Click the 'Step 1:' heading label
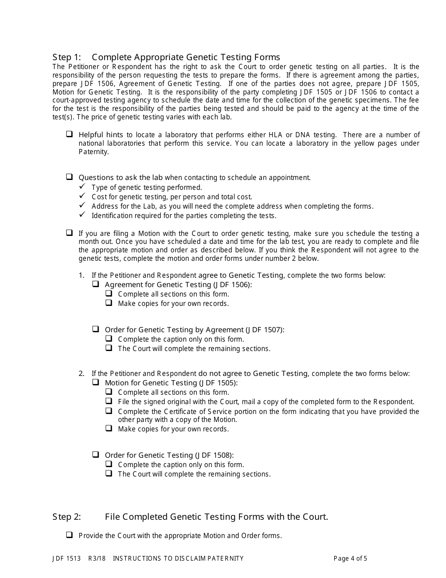pos(67,57)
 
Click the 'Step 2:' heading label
pos(67,517)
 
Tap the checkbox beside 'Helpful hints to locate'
pos(69,134)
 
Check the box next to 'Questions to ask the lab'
pos(69,177)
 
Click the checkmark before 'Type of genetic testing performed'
pos(82,187)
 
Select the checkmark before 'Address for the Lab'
pos(82,206)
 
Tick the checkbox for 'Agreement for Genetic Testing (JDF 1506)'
pos(96,284)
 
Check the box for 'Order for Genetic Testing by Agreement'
pos(96,329)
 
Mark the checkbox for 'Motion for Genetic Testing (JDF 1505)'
pos(96,383)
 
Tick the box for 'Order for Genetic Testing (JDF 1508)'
pos(96,454)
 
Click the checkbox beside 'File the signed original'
pos(109,401)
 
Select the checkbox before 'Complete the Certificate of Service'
pos(109,411)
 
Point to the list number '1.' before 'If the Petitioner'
pos(82,275)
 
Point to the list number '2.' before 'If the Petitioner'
pos(82,374)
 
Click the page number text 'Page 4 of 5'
pos(350,559)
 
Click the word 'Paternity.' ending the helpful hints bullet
pos(93,152)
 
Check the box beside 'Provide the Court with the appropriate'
pos(69,535)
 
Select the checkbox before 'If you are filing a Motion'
pos(69,233)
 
